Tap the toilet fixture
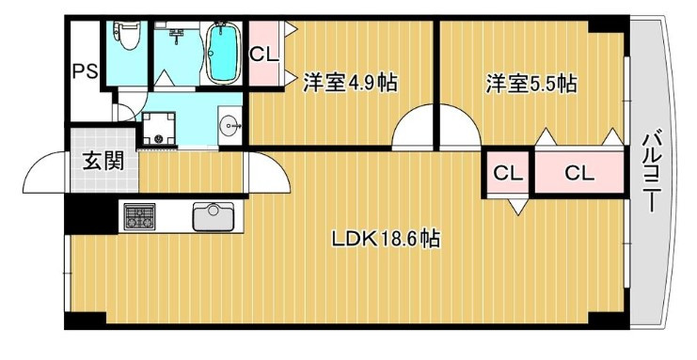[126, 36]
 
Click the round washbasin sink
[229, 127]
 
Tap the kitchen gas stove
[139, 217]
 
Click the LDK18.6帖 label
[386, 239]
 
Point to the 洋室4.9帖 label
[349, 84]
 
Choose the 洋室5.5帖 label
[530, 84]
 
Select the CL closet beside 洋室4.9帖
[264, 55]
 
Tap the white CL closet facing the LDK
[508, 173]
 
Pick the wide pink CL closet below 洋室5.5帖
[578, 173]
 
